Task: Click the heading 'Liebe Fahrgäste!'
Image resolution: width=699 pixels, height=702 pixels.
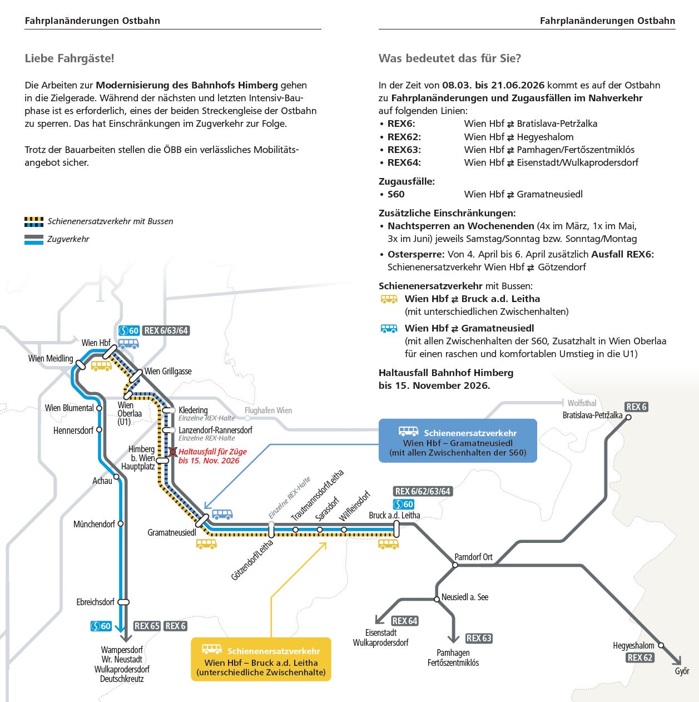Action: pos(70,58)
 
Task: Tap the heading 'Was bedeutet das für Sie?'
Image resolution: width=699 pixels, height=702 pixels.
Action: pos(449,58)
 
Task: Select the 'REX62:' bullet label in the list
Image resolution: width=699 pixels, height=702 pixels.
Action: pos(404,137)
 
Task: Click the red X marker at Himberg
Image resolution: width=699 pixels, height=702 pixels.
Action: pos(173,452)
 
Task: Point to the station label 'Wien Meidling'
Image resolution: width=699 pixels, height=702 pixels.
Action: pos(51,359)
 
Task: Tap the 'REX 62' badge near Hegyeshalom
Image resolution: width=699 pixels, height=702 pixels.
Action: pos(639,657)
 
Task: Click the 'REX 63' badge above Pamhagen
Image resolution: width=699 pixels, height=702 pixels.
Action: pos(479,638)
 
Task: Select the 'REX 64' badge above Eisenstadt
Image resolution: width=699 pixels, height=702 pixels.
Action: pos(404,621)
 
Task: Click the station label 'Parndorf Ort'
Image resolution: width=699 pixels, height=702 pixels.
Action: pos(473,557)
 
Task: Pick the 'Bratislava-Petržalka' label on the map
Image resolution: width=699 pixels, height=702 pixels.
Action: pos(592,416)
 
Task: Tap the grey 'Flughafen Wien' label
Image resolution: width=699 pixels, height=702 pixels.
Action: pos(268,411)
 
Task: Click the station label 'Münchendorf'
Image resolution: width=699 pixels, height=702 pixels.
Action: pos(94,524)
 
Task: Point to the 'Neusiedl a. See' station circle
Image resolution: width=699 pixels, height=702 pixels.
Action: pos(437,599)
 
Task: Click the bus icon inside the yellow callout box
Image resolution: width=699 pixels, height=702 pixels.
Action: pos(212,649)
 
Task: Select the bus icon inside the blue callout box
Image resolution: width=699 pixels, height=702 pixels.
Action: pos(408,431)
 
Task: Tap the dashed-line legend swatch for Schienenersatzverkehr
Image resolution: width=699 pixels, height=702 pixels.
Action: pos(34,221)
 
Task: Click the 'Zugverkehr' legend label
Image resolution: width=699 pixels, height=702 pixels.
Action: pos(68,239)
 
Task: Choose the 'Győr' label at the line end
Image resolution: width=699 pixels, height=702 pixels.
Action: pos(682,671)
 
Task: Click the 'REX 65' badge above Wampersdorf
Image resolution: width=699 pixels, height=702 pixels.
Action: pos(147,626)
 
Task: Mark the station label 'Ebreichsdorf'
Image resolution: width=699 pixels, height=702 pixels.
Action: pos(95,602)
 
